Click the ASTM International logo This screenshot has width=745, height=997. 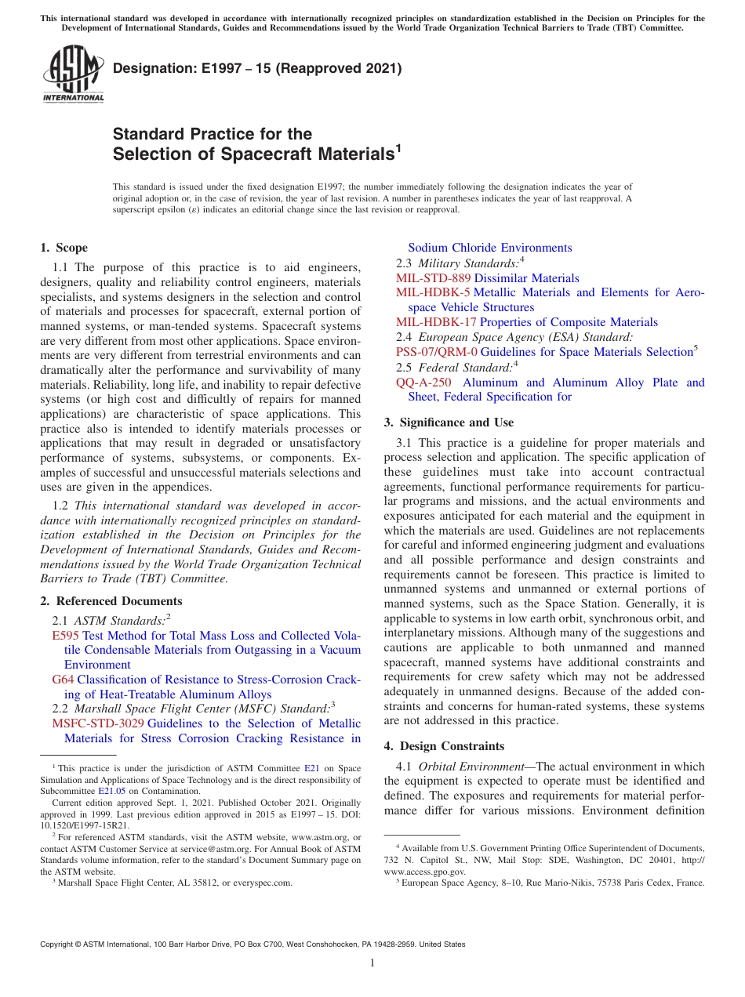(72, 74)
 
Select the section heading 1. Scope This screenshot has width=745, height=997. (64, 248)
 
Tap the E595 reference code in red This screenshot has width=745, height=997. (65, 636)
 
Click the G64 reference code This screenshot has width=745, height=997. (63, 680)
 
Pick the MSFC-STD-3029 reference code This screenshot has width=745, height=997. (98, 723)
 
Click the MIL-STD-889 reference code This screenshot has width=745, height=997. (434, 278)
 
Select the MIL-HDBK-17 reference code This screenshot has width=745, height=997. (436, 322)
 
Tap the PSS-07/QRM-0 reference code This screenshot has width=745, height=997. (437, 352)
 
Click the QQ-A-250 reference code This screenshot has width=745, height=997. (423, 382)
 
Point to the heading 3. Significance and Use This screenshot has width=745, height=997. (449, 422)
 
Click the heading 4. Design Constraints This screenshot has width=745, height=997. (444, 746)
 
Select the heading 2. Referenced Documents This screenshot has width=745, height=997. (111, 601)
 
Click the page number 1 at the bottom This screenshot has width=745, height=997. (372, 963)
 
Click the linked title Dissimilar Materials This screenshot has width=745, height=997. (527, 278)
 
